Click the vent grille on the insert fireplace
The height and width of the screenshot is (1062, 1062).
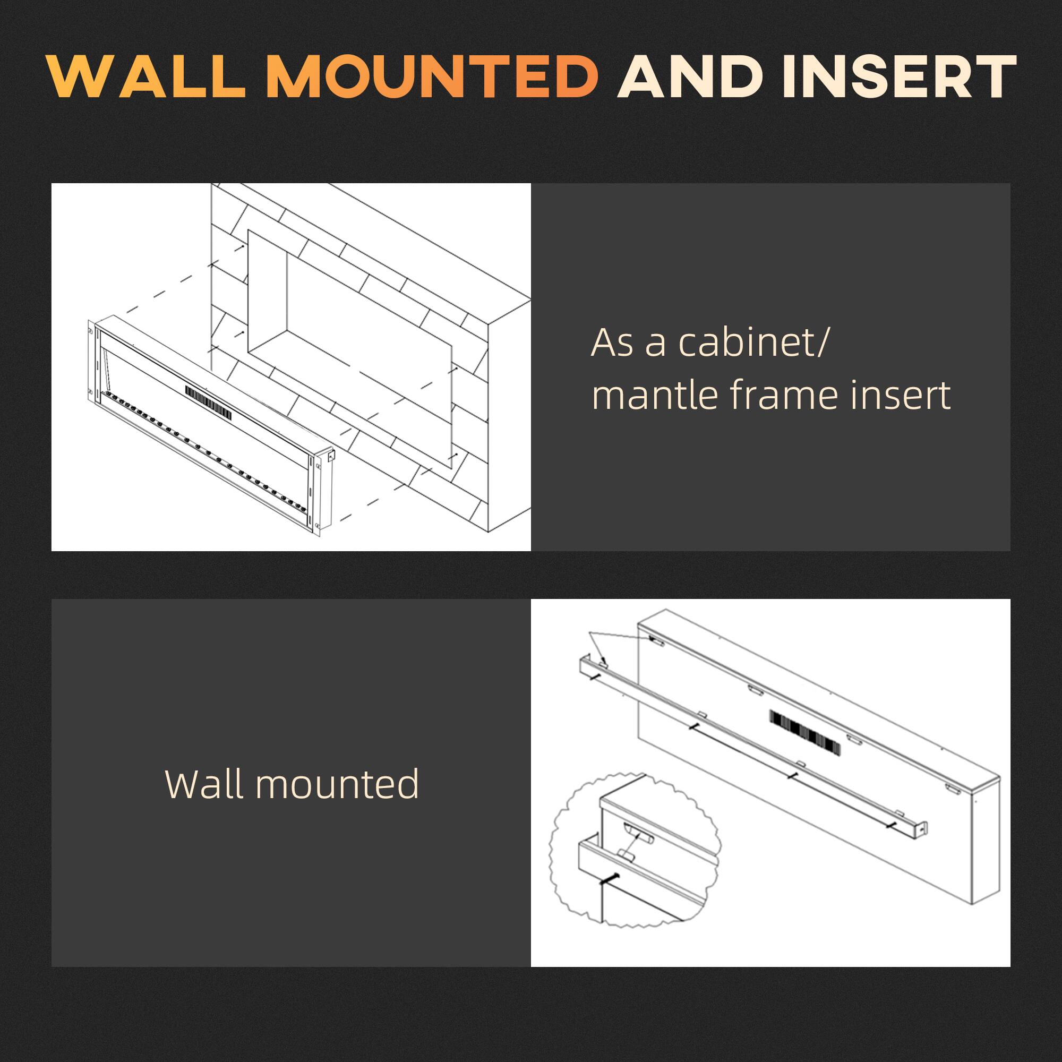coord(207,400)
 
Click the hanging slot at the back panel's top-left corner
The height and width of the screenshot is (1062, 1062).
coord(656,640)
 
